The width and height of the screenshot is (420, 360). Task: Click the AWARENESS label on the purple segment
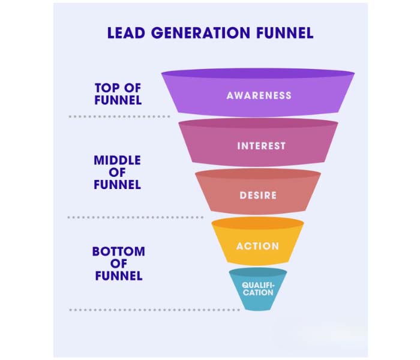[x=259, y=95]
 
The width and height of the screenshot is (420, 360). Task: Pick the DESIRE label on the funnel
[x=258, y=195]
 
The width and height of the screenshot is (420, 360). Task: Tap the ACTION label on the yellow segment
[x=257, y=246]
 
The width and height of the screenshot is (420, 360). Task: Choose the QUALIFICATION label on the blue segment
[x=258, y=289]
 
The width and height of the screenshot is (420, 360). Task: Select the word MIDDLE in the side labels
[x=117, y=160]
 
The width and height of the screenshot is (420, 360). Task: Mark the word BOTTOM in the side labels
[x=118, y=251]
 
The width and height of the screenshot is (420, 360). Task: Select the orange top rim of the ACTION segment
[x=257, y=223]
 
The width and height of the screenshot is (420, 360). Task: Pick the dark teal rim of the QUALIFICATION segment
[x=258, y=272]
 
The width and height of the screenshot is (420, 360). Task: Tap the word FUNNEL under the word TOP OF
[x=118, y=100]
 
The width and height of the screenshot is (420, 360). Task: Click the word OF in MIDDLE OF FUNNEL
[x=117, y=173]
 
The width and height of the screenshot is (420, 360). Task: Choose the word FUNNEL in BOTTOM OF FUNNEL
[x=118, y=276]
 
